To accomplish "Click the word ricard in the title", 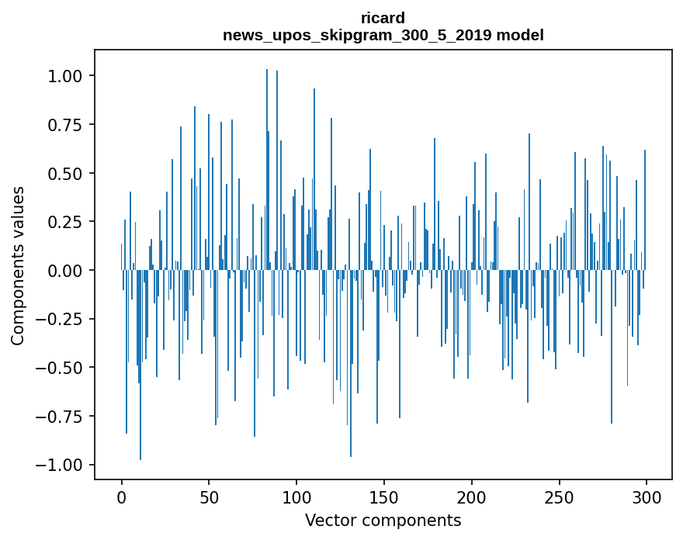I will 383,18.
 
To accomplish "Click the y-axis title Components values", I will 17,265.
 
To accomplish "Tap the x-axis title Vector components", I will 383,520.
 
